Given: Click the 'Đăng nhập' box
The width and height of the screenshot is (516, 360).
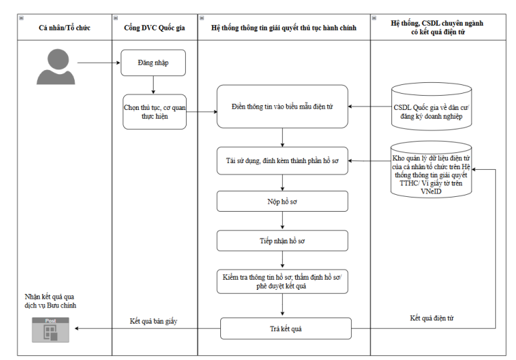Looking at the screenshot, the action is [x=153, y=63].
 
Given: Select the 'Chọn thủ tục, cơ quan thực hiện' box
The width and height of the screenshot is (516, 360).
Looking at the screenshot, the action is [x=154, y=112].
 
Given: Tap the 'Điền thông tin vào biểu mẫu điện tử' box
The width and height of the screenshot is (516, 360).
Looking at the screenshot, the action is [x=282, y=107].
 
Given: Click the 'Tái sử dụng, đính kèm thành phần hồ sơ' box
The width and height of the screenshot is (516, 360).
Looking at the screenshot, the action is [x=282, y=160].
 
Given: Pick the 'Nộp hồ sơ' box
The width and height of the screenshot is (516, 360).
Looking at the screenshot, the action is [x=282, y=202].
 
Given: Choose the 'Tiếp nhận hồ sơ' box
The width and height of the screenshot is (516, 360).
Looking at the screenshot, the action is [x=282, y=241].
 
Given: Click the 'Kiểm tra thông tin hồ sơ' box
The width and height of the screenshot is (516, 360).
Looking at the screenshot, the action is [x=282, y=282].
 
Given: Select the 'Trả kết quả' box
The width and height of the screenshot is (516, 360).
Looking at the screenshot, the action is [x=286, y=328].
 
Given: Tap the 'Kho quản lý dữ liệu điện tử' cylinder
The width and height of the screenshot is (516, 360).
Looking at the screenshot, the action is [x=431, y=169].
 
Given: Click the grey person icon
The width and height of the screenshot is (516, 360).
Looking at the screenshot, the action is [x=56, y=67].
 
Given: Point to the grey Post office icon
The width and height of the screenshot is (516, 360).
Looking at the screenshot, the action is [x=51, y=330].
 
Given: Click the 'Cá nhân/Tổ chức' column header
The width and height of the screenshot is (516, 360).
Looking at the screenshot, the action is [x=65, y=28].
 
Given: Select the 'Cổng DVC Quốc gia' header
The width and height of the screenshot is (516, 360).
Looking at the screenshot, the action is [x=155, y=28].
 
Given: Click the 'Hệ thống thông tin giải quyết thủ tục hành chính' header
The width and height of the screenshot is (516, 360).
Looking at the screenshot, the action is [x=284, y=28].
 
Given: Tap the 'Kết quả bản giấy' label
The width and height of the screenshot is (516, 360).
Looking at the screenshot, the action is [x=154, y=321].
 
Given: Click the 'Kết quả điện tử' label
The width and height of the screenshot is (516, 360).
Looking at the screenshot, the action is [x=431, y=318].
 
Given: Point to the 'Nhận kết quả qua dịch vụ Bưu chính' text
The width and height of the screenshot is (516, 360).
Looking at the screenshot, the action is [x=50, y=301].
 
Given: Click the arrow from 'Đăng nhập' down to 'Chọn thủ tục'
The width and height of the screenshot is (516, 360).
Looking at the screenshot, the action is [x=153, y=86].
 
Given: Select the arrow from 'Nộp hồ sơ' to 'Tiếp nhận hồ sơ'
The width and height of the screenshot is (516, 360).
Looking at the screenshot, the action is [x=282, y=220].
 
